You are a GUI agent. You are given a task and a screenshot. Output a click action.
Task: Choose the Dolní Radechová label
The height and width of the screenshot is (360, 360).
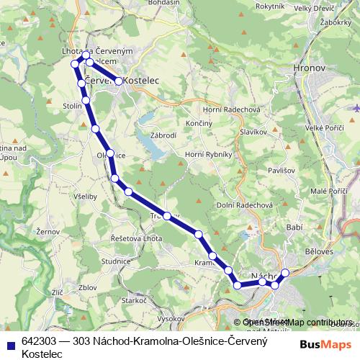tap(244, 204)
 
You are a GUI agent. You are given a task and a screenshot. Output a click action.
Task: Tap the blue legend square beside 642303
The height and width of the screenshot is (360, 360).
tap(10, 346)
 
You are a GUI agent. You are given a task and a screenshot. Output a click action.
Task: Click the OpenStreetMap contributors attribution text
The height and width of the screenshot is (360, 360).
tap(297, 322)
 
